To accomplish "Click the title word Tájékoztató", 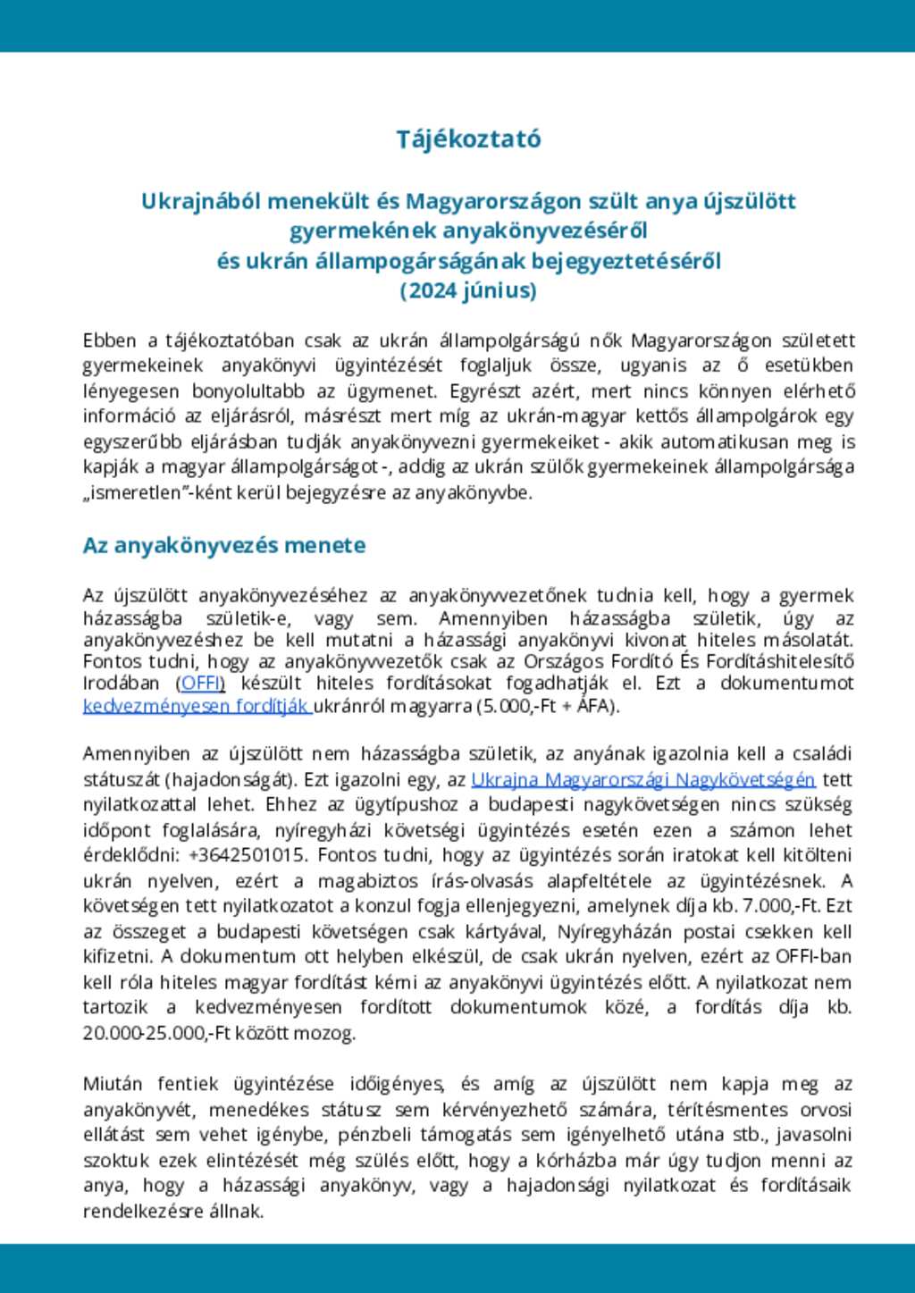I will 469,139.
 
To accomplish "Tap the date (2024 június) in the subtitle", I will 468,291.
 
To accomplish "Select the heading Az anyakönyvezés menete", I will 224,545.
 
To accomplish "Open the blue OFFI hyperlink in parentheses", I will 201,684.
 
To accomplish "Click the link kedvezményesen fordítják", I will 197,706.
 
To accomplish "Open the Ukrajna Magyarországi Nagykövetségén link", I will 642,779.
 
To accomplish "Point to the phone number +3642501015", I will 248,855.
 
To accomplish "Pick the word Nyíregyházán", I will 617,931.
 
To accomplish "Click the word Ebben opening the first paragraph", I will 110,340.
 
